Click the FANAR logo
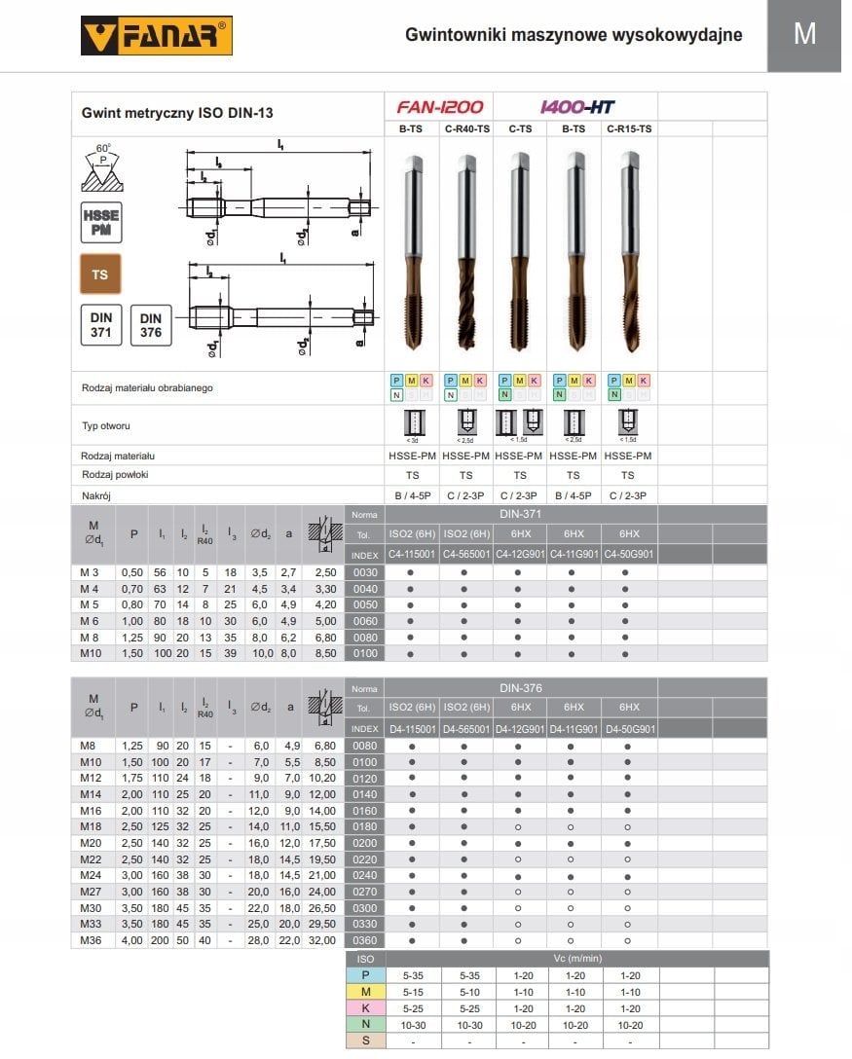click(157, 36)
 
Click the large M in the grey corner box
click(804, 34)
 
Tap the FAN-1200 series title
click(439, 107)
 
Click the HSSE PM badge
click(100, 222)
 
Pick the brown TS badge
click(100, 274)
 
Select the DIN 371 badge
click(100, 324)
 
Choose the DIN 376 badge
click(150, 324)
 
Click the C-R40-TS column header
click(465, 128)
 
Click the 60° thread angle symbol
click(103, 167)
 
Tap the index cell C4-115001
click(412, 555)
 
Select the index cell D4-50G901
click(629, 728)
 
